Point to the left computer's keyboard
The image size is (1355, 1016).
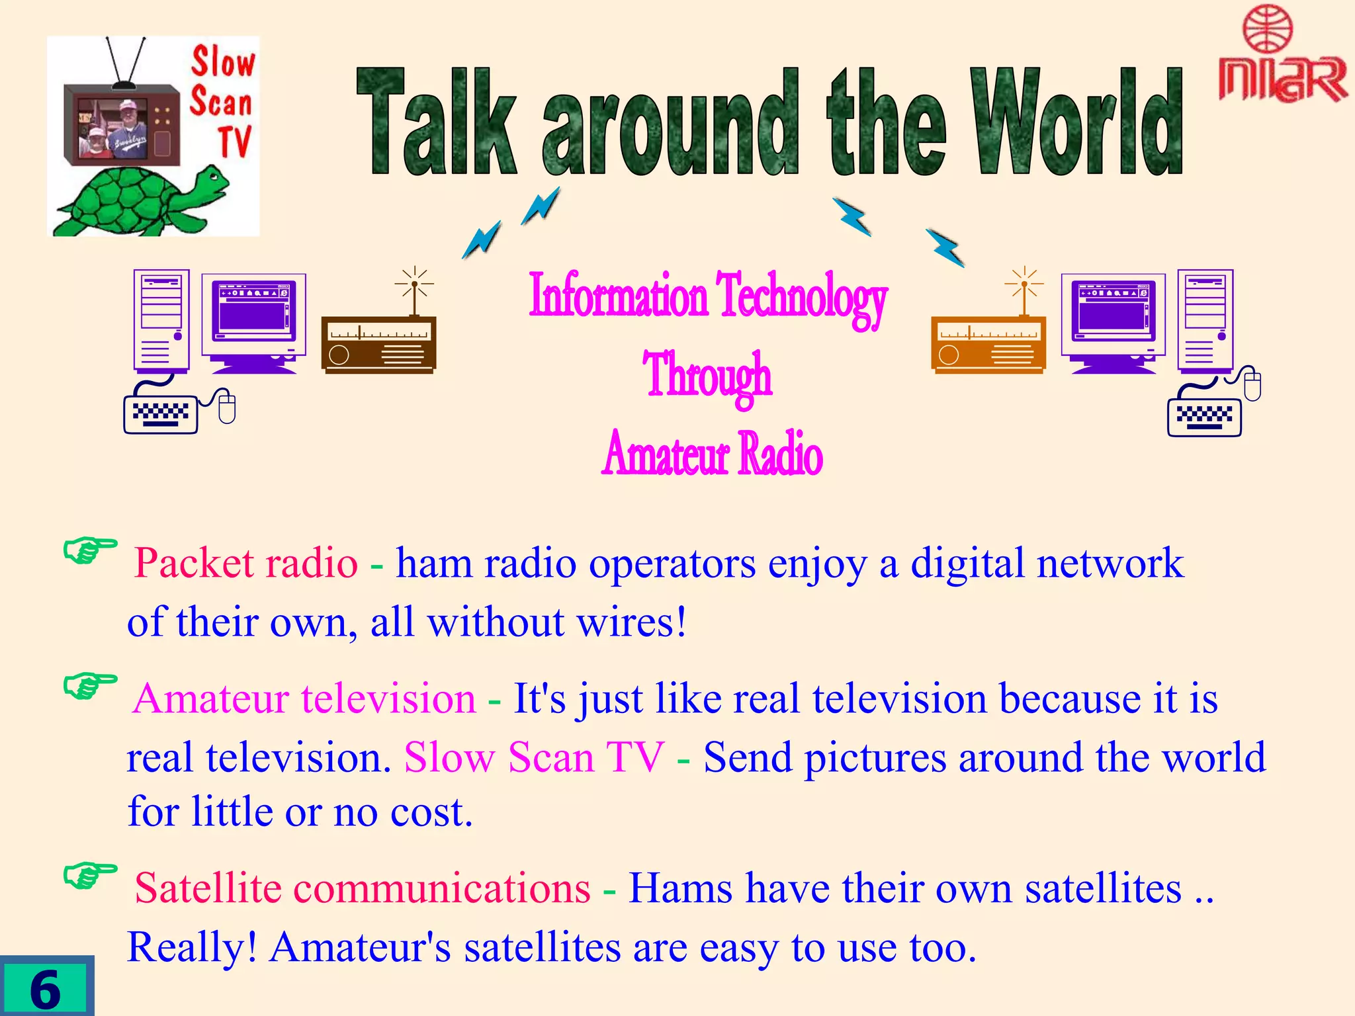tap(161, 414)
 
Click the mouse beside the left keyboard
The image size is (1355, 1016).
tap(227, 406)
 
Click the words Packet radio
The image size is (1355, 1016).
tap(245, 564)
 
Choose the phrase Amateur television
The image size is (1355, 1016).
tap(304, 698)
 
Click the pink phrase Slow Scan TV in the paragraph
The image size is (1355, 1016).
tap(533, 757)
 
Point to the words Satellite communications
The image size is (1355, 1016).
tap(362, 888)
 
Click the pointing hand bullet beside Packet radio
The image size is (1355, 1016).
tap(89, 550)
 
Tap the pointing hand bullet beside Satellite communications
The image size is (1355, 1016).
tap(89, 876)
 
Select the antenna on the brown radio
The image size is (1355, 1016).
tap(415, 291)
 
